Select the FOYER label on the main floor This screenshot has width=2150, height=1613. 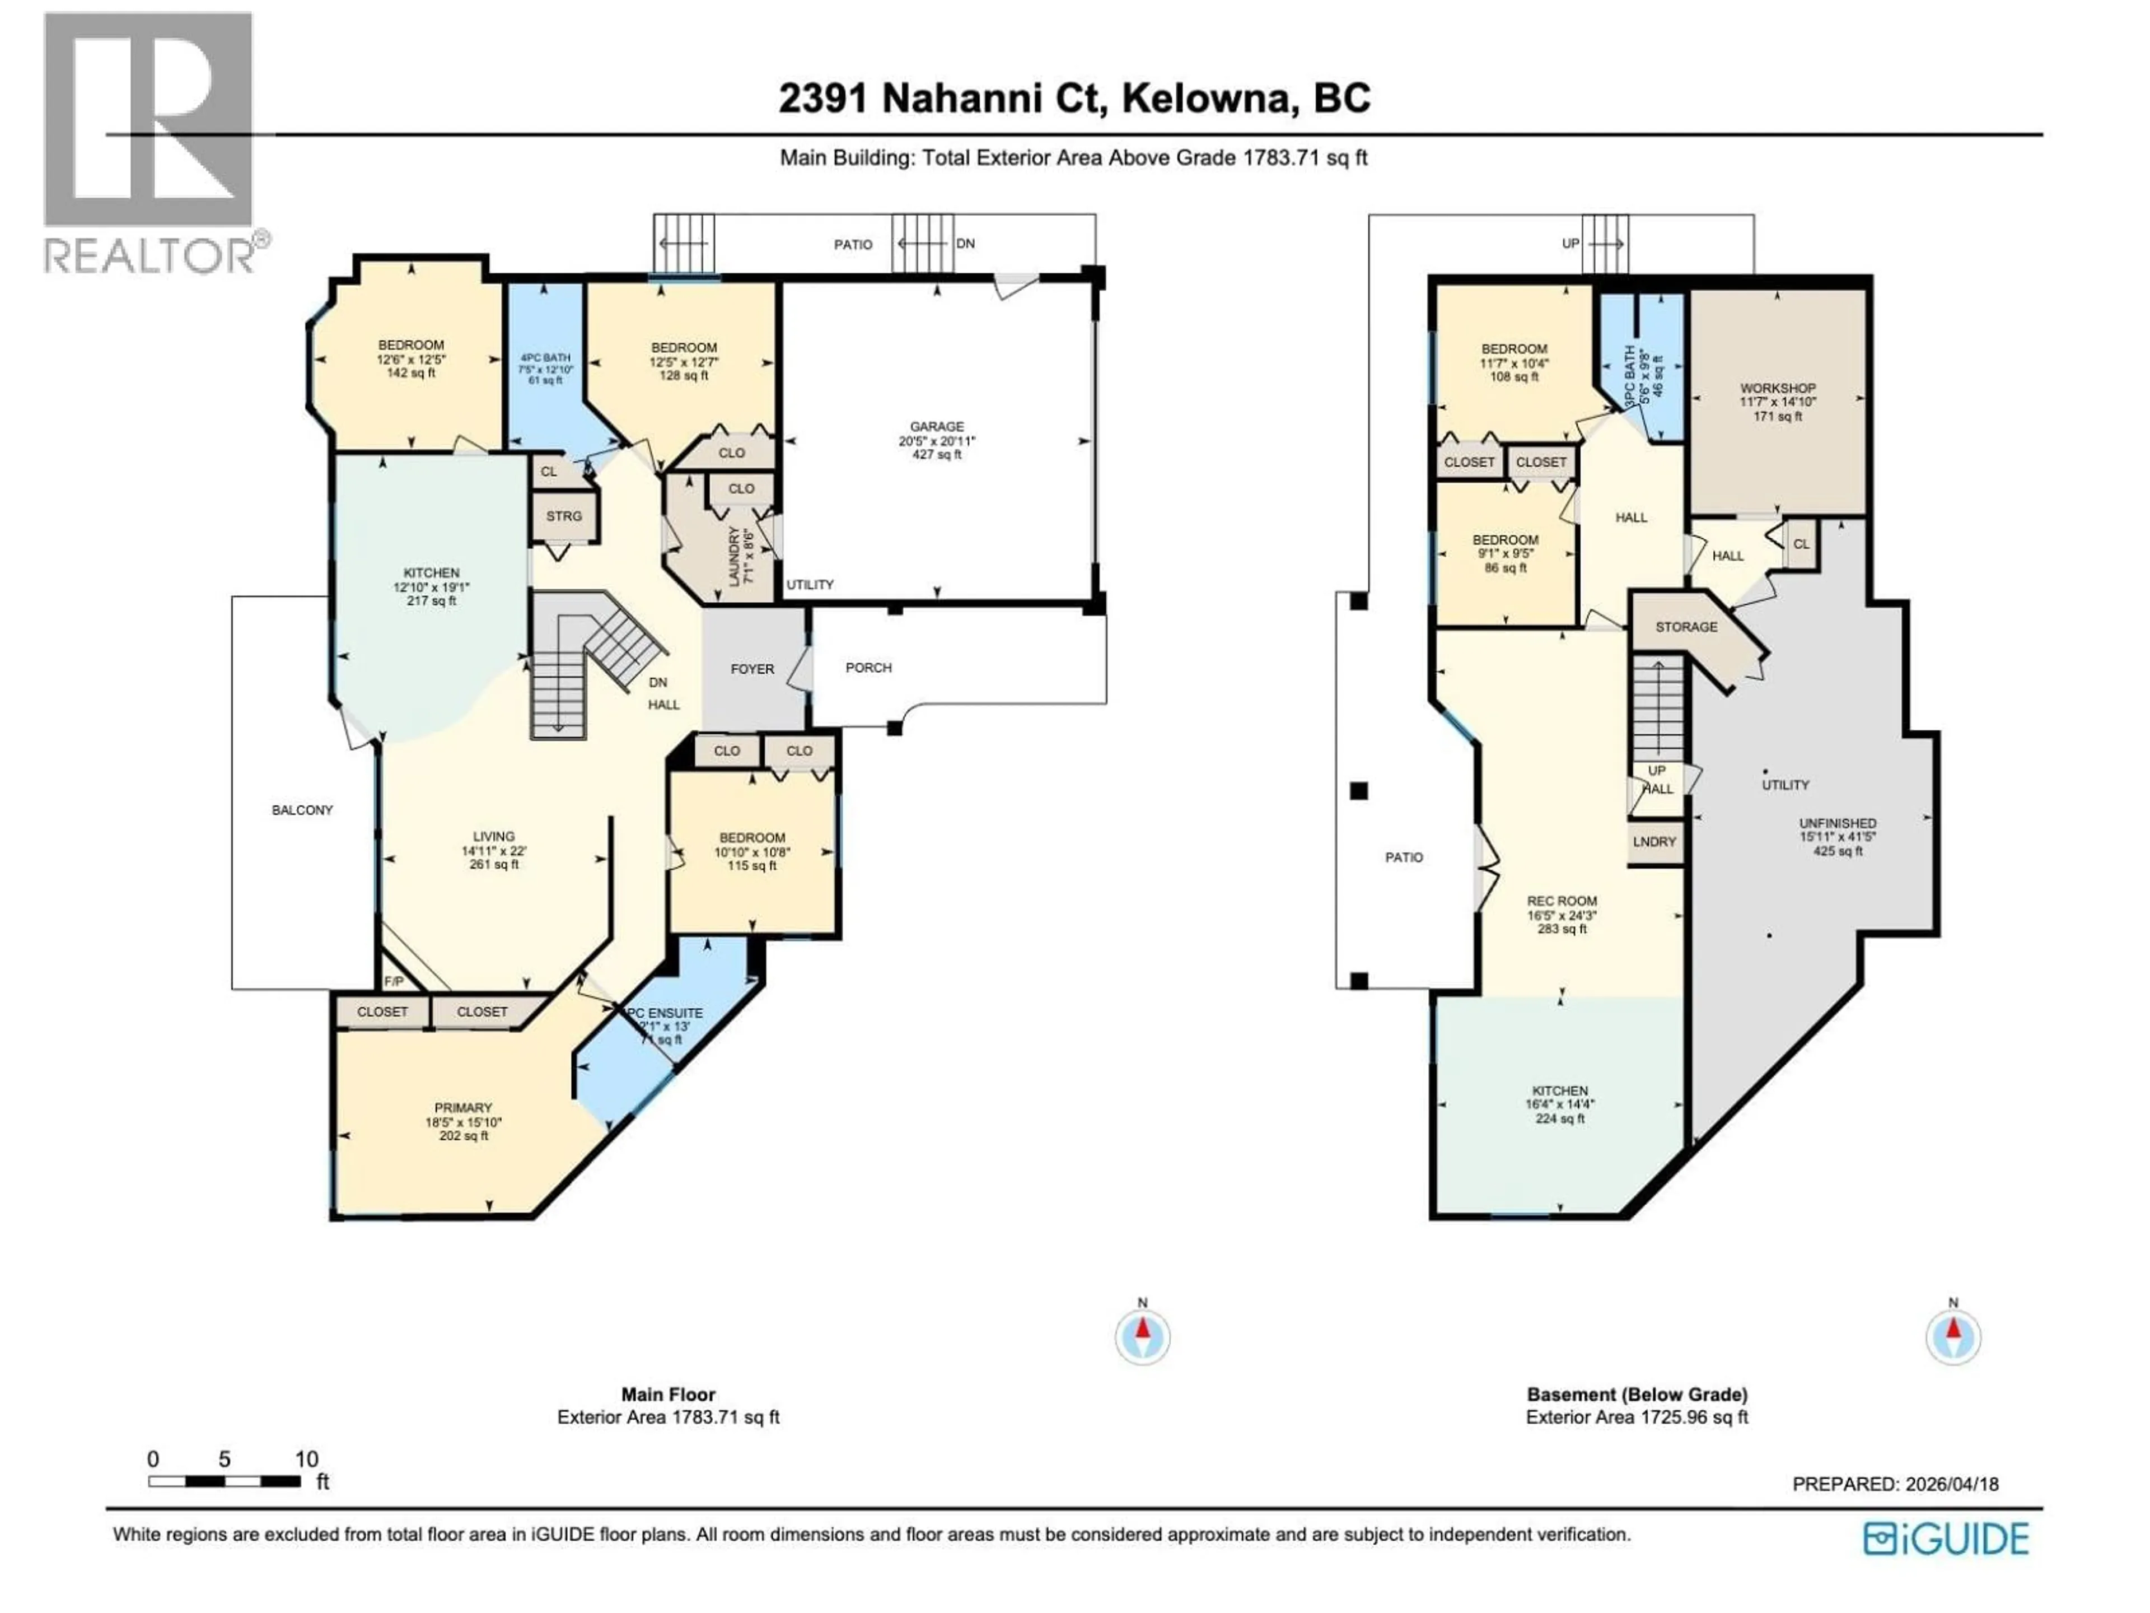pos(752,669)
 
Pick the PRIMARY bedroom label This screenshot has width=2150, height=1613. pos(462,1107)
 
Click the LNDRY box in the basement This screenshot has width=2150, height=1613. pos(1654,842)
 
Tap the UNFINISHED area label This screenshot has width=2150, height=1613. pos(1837,823)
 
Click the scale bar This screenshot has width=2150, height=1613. pos(225,1482)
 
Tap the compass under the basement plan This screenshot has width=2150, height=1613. pos(1953,1339)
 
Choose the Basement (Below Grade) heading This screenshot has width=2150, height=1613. pos(1637,1394)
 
